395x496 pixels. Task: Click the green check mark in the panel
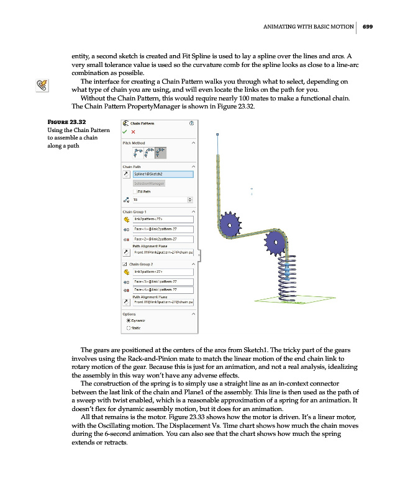(x=125, y=131)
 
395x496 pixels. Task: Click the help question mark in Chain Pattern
(x=191, y=123)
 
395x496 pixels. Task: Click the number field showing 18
(x=160, y=199)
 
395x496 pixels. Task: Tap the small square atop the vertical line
(x=217, y=134)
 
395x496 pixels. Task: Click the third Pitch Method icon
(x=161, y=152)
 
